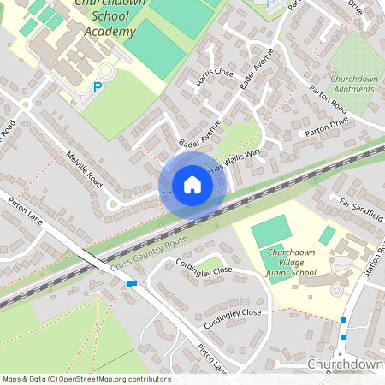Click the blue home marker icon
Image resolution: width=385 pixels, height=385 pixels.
[192, 185]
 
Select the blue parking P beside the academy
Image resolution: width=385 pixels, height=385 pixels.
[97, 86]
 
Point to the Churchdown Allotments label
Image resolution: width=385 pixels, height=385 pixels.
[353, 84]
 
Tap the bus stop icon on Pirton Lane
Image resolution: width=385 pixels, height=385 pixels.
[131, 283]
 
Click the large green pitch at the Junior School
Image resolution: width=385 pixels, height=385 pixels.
[271, 231]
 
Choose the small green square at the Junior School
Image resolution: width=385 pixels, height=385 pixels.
[328, 234]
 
